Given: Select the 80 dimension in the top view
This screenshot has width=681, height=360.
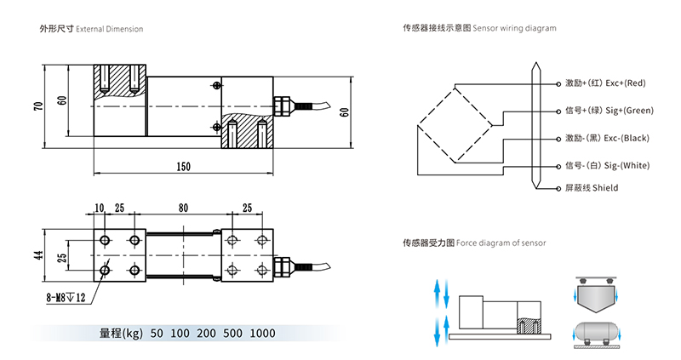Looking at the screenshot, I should pos(183,208).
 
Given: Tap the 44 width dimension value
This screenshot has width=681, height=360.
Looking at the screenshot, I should pos(38,255).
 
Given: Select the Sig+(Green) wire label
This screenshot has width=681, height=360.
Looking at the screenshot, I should pos(609,111).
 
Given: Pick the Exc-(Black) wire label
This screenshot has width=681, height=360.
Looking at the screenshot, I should pos(607,138).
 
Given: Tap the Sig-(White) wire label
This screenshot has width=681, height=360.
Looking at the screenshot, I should pos(607,165).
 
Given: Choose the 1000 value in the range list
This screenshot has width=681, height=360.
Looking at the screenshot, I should pos(263,333).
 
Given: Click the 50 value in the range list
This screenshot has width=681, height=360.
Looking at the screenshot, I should pos(156,333).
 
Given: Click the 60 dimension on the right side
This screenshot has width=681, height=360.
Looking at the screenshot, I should pos(344,111).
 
